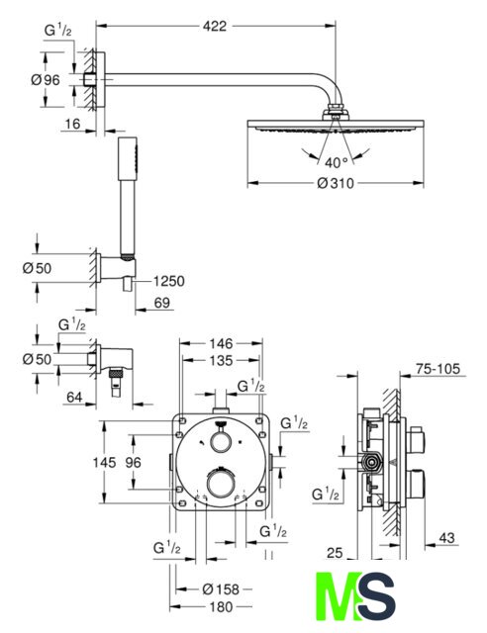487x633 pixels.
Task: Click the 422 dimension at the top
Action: [x=215, y=27]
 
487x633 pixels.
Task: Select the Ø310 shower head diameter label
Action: [x=336, y=184]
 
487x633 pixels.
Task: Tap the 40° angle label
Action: [x=337, y=163]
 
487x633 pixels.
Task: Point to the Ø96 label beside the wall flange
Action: [x=46, y=80]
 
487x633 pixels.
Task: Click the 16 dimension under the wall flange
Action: [x=72, y=124]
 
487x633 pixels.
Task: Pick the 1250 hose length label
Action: [x=168, y=281]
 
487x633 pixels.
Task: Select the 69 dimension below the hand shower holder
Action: [x=162, y=303]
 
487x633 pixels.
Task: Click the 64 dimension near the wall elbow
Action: [x=74, y=398]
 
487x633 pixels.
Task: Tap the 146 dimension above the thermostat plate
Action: [x=221, y=343]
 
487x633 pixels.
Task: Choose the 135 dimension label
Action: [x=221, y=360]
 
